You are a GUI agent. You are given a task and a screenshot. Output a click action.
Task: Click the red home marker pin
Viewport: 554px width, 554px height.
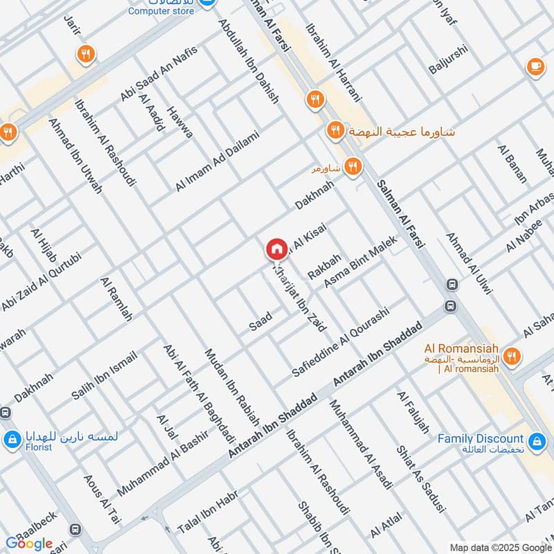coord(276,249)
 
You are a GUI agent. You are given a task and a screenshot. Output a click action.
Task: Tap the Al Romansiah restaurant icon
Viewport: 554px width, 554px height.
coord(512,357)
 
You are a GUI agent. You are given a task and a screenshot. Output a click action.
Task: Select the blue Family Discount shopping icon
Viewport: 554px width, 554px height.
coord(535,440)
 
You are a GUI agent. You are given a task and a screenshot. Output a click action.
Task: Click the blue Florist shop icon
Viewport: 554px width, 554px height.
coord(12,439)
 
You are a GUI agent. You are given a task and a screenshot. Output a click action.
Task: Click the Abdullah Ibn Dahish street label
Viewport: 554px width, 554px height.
coord(249,60)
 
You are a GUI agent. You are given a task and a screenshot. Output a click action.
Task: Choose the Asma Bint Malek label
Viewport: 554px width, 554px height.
coord(359,262)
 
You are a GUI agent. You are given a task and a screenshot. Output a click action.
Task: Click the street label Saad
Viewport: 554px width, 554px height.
coord(260,320)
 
